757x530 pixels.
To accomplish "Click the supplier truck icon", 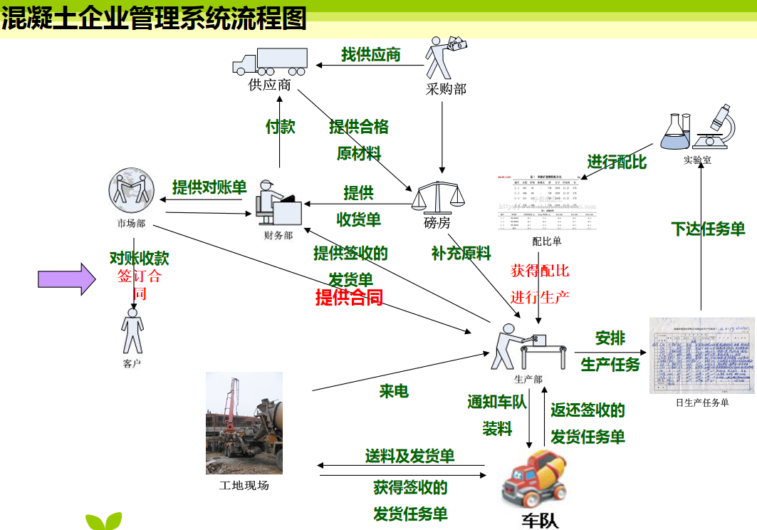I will [270, 62].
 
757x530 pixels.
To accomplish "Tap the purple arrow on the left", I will [66, 279].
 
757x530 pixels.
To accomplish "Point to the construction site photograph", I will [244, 423].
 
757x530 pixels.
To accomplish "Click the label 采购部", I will [446, 89].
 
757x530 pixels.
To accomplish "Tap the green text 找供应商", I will [370, 55].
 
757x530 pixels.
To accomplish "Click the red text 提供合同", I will [349, 297].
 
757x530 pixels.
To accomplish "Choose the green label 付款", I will [281, 127].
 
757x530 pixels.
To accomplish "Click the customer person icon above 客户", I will [132, 331].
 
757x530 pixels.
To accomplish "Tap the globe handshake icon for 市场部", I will [131, 190].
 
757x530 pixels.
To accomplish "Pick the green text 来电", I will [394, 391].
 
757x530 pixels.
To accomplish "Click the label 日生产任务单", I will [702, 402].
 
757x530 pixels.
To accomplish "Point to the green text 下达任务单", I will [708, 229].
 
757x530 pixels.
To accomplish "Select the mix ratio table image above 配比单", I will [547, 202].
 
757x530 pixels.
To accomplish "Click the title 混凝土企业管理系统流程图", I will [154, 18].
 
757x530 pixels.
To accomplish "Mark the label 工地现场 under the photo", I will [244, 486].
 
